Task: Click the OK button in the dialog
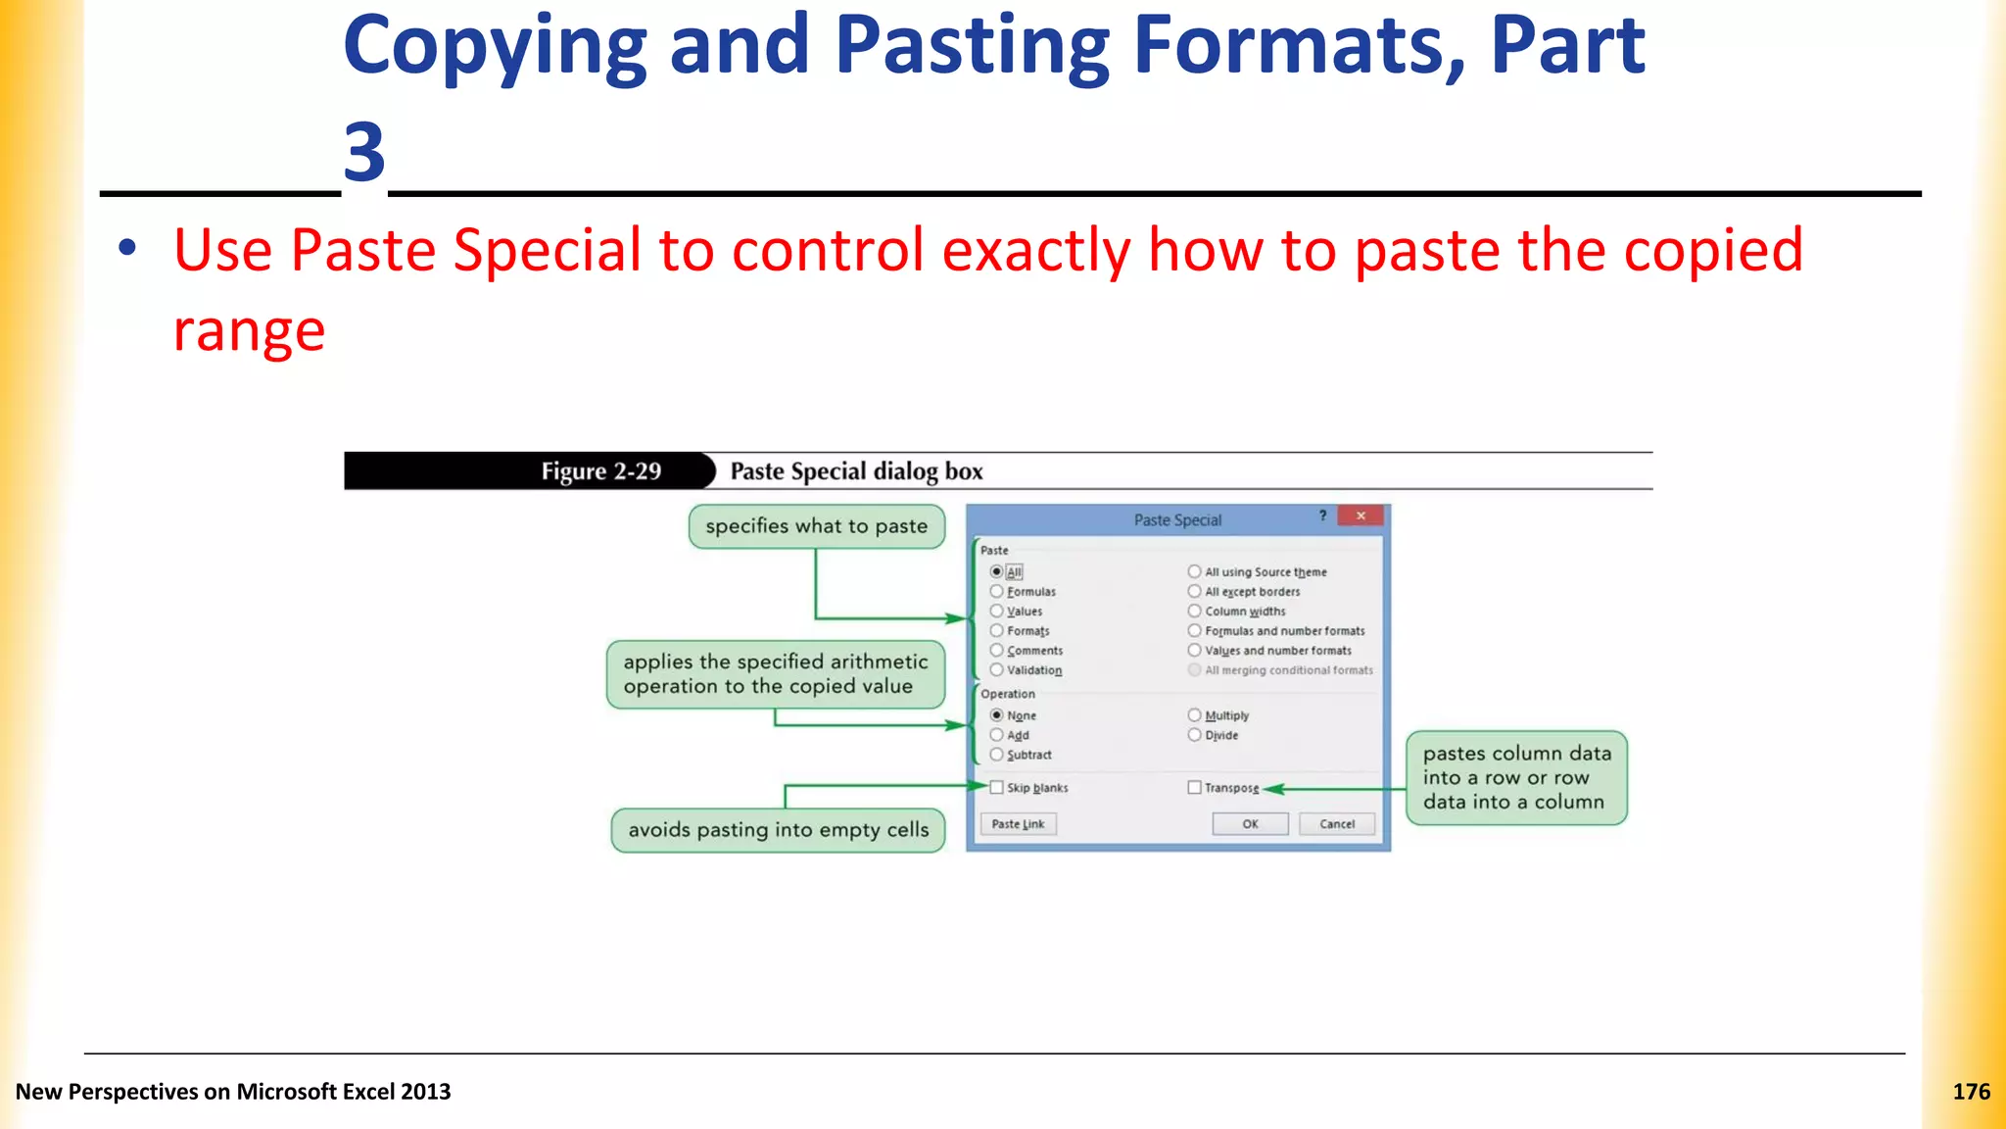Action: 1250,824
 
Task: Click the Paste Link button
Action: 1018,824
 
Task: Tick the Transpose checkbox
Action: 1194,787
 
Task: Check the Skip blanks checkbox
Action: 996,787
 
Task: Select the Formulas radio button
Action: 996,591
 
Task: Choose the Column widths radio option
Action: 1194,611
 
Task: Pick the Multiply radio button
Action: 1194,715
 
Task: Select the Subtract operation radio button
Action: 996,755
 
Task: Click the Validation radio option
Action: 996,669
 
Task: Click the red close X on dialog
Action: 1361,515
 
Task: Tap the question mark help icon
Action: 1322,515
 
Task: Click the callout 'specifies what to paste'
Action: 816,526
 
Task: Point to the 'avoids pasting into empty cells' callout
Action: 778,830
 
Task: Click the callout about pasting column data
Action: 1516,777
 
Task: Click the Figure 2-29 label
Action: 600,471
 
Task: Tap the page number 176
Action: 1971,1092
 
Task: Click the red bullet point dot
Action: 127,248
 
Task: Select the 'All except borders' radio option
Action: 1194,591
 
